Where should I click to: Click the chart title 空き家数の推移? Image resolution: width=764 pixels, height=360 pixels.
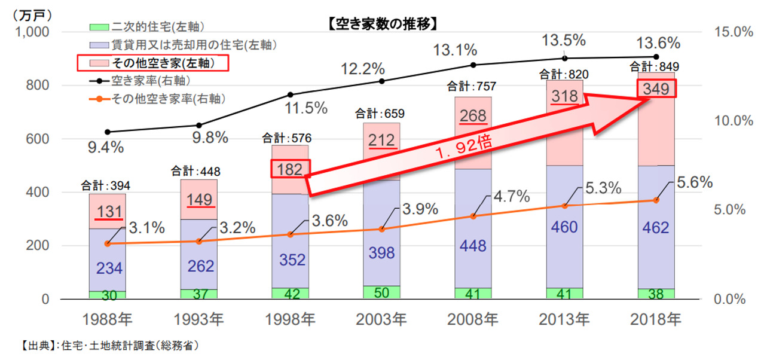[383, 25]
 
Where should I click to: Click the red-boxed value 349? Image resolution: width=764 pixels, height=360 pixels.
[656, 89]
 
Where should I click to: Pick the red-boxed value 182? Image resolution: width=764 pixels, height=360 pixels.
[291, 169]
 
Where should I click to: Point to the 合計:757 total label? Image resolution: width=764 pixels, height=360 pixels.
[473, 87]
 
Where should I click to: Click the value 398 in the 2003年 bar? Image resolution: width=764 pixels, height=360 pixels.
[381, 253]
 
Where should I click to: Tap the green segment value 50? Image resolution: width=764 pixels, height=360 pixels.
[382, 292]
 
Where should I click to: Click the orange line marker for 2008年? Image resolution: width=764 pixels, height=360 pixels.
[473, 216]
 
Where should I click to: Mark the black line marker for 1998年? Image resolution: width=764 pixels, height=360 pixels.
[291, 94]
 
